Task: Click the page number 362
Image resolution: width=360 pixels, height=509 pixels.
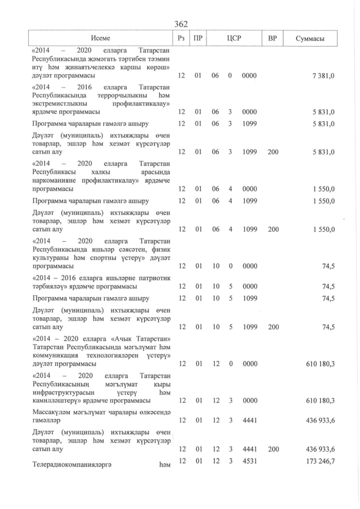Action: click(x=181, y=24)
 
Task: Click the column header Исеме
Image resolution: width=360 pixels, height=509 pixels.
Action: click(x=102, y=38)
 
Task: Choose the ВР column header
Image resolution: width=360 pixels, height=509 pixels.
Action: click(x=272, y=38)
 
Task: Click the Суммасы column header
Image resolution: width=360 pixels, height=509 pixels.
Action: click(x=309, y=38)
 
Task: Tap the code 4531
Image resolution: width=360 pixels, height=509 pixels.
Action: click(x=249, y=461)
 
